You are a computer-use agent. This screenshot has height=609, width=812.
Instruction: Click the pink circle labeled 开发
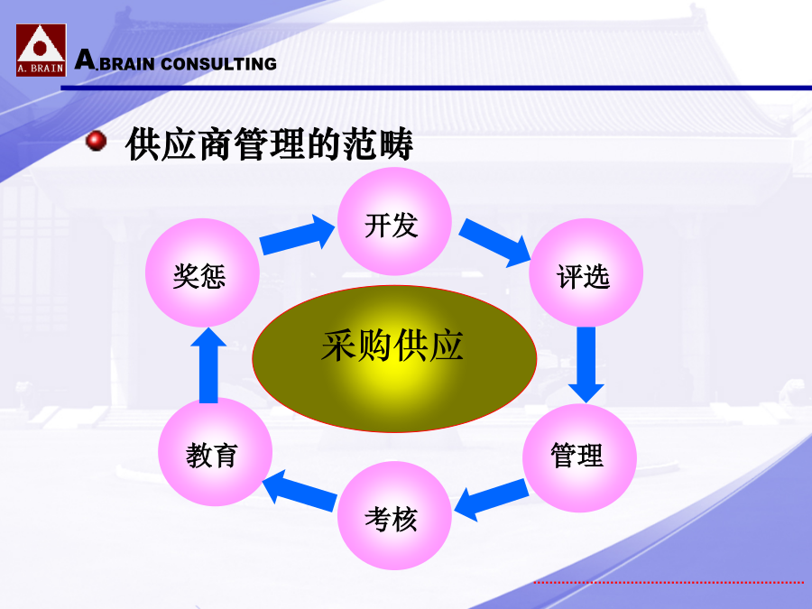[x=394, y=222]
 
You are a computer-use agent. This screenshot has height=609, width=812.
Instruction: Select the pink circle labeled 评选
[x=586, y=272]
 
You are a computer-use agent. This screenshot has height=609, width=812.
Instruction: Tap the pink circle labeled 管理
[x=579, y=457]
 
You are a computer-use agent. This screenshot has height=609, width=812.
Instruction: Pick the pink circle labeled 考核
[x=394, y=516]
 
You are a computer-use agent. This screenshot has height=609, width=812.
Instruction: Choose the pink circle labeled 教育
[x=215, y=452]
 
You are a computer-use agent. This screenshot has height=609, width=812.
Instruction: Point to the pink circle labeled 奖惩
[x=202, y=272]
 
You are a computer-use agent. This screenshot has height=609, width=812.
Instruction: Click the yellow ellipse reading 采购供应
[x=394, y=358]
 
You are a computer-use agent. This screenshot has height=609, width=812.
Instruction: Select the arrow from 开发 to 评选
[x=494, y=243]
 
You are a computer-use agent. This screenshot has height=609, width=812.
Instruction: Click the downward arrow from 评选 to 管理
[x=586, y=364]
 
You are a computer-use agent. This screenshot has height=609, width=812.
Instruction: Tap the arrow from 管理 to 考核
[x=491, y=499]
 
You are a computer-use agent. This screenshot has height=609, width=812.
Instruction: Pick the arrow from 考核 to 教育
[x=300, y=491]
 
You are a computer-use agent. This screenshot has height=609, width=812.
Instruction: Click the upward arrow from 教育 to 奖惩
[x=208, y=365]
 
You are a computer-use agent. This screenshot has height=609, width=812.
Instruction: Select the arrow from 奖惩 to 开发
[x=297, y=235]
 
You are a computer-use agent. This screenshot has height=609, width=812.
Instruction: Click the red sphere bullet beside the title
[x=96, y=141]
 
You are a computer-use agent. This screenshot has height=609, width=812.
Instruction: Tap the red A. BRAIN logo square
[x=41, y=51]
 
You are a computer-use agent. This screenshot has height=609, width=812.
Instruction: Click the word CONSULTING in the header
[x=218, y=64]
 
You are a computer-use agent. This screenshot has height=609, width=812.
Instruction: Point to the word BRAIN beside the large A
[x=127, y=64]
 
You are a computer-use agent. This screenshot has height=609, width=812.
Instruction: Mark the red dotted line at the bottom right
[x=669, y=583]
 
